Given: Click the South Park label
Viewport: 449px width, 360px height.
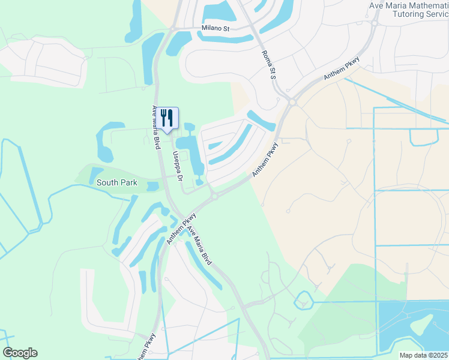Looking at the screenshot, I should [117, 182].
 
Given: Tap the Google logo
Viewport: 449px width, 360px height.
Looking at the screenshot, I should [20, 353].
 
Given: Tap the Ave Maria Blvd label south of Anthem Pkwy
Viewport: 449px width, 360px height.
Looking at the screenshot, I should [199, 246].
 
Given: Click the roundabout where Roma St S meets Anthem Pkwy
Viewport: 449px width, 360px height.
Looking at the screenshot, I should [292, 102].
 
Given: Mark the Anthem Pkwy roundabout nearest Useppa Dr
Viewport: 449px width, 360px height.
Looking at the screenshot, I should [213, 196].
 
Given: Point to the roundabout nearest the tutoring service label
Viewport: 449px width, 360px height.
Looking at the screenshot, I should [374, 25].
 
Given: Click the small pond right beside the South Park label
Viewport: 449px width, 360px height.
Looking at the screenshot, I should [151, 186].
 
